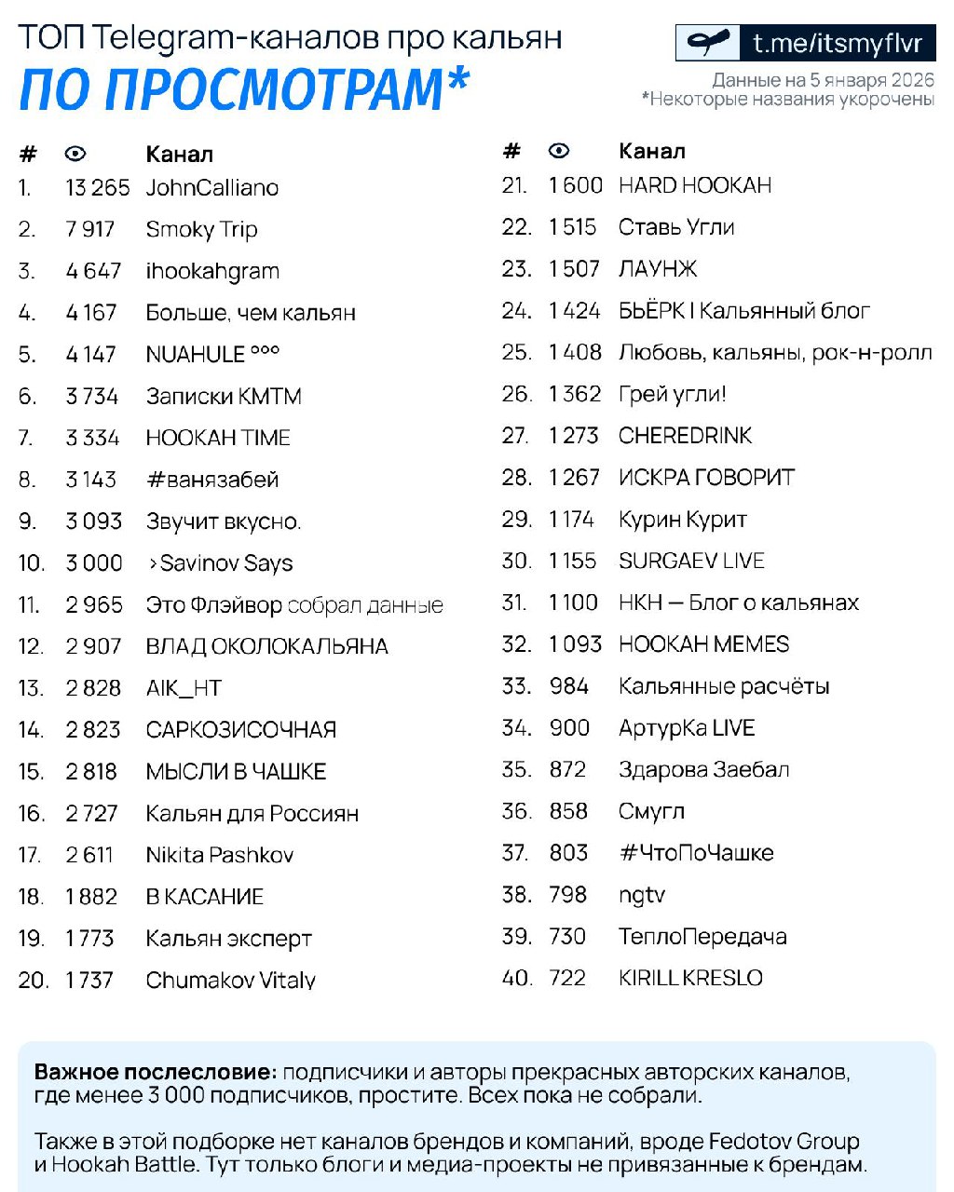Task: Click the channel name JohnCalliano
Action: click(211, 188)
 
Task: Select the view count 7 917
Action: click(89, 229)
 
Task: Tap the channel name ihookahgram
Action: click(212, 271)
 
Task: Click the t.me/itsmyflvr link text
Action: click(837, 43)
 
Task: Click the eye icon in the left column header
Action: click(75, 154)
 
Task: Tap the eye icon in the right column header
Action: click(558, 151)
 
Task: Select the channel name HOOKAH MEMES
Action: click(703, 644)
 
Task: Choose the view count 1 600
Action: click(575, 185)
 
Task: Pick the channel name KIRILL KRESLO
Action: click(690, 978)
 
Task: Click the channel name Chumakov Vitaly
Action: click(230, 980)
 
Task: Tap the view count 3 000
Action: click(93, 562)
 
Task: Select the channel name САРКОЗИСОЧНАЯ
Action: click(240, 730)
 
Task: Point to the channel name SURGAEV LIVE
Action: click(691, 561)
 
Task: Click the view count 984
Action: click(568, 686)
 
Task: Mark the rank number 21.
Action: click(514, 185)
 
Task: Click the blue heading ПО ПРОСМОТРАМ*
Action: click(244, 88)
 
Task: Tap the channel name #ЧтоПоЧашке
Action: click(696, 853)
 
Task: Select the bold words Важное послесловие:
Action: click(156, 1072)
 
